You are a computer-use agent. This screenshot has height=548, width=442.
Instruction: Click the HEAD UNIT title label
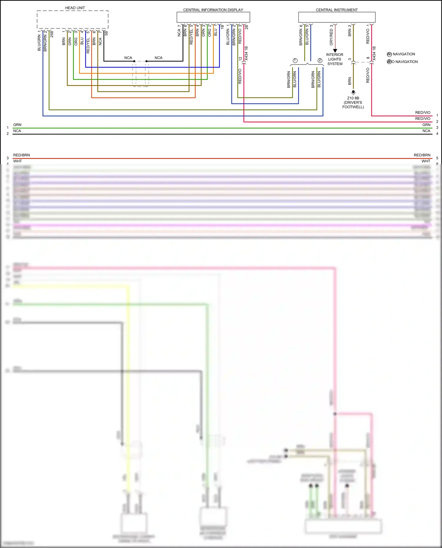tap(75, 8)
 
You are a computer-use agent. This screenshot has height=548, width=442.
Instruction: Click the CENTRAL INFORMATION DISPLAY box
tap(213, 17)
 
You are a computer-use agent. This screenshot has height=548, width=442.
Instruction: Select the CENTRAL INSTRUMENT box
tap(337, 17)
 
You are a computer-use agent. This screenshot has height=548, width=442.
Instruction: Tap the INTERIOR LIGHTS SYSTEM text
tap(335, 59)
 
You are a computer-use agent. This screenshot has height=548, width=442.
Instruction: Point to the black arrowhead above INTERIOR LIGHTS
tap(335, 51)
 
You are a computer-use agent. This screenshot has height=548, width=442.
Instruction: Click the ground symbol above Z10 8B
tap(353, 92)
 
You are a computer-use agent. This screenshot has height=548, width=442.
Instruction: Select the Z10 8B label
tap(353, 98)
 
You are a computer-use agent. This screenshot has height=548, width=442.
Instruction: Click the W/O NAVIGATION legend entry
tap(403, 62)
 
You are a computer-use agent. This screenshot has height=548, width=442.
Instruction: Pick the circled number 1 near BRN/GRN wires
tap(295, 60)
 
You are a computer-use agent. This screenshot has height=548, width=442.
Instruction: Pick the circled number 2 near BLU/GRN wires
tap(320, 60)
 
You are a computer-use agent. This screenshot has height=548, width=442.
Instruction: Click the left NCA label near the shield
tap(128, 58)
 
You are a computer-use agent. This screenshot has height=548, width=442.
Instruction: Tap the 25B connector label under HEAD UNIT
tap(52, 34)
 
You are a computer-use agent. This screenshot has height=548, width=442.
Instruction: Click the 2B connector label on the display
tap(247, 27)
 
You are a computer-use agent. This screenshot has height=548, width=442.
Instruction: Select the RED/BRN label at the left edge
tap(22, 155)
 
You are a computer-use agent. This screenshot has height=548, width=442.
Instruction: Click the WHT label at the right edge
tap(426, 161)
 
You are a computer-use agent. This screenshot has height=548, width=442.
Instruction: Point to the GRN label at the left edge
tap(17, 125)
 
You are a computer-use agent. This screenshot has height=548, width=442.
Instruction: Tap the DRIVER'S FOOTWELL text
tap(353, 105)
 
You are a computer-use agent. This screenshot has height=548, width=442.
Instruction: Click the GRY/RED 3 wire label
tap(331, 35)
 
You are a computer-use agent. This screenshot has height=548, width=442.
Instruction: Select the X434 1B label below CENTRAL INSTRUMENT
tap(374, 53)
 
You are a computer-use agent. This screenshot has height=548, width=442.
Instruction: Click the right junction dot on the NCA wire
tap(146, 61)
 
